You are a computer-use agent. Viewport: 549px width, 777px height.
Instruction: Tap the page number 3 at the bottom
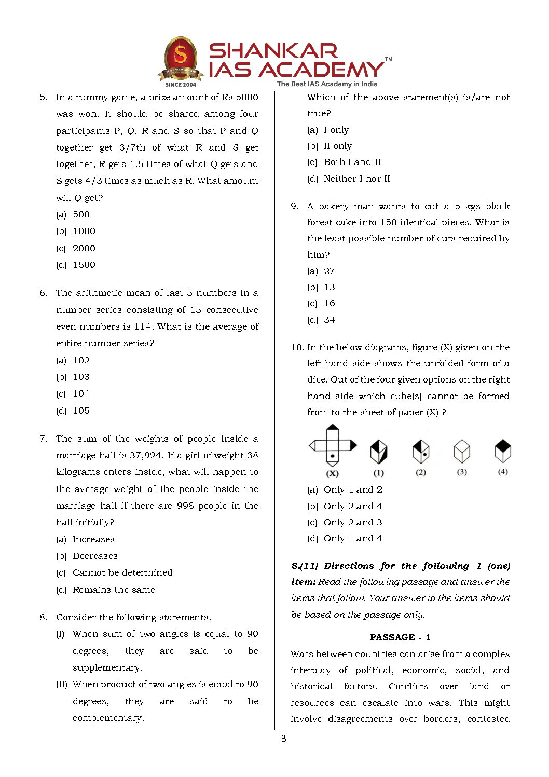[x=283, y=738]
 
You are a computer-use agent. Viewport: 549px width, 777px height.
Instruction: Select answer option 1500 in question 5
[x=84, y=265]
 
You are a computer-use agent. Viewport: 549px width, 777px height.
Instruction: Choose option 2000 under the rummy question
[x=84, y=248]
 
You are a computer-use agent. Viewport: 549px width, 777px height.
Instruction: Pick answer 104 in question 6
[x=81, y=393]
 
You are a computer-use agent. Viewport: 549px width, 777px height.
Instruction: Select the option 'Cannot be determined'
[x=122, y=572]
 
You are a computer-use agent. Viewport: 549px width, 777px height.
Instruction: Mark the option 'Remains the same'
[x=114, y=590]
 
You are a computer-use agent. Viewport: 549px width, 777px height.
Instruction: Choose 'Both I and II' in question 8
[x=352, y=162]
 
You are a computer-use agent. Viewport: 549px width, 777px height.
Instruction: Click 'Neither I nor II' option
[x=356, y=179]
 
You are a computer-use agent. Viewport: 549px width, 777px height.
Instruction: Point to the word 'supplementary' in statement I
[x=107, y=667]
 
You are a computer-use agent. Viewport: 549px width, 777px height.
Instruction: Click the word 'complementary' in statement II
[x=108, y=718]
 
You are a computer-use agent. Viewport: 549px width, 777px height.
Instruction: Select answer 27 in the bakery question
[x=330, y=271]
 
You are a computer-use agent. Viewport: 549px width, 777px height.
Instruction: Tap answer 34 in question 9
[x=330, y=320]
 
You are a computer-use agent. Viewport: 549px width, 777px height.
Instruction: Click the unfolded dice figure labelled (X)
[x=333, y=445]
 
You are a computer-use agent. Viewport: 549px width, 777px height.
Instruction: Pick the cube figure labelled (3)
[x=462, y=451]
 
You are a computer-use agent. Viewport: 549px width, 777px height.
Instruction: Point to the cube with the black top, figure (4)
[x=503, y=451]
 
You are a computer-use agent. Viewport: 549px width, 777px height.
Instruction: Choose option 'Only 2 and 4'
[x=353, y=506]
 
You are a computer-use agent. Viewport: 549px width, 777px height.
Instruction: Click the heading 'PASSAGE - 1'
[x=400, y=637]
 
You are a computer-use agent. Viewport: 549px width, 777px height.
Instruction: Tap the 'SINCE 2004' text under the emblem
[x=181, y=84]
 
